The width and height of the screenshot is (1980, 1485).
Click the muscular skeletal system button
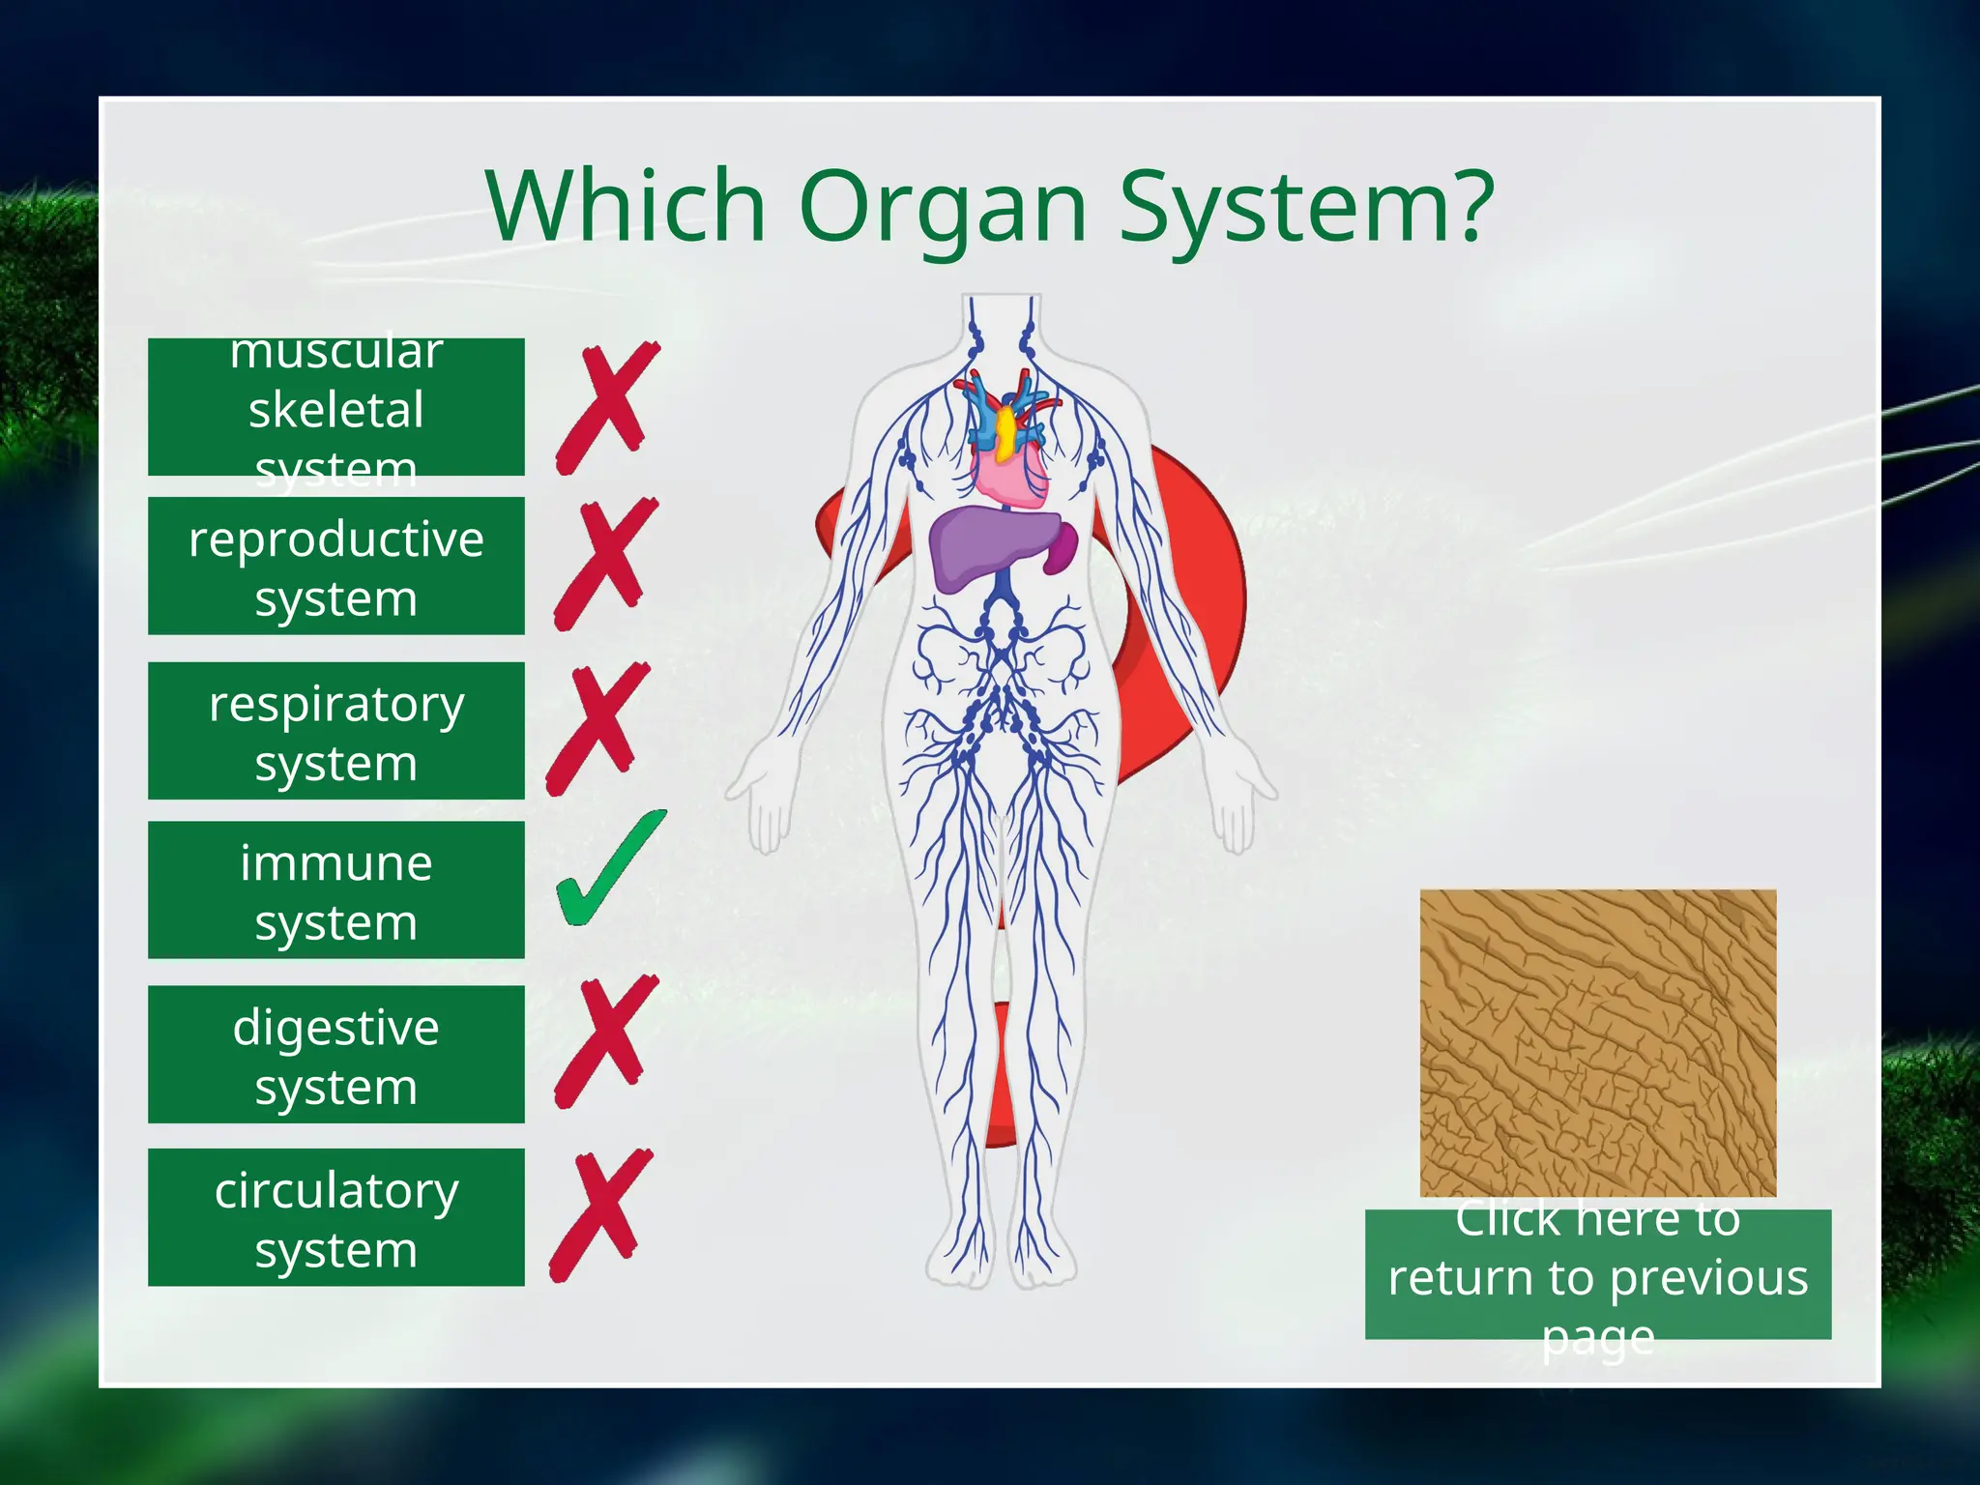pyautogui.click(x=335, y=407)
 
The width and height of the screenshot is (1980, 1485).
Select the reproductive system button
pyautogui.click(x=335, y=567)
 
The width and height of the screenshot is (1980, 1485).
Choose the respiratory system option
pyautogui.click(x=335, y=731)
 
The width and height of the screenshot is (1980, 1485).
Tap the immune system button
pyautogui.click(x=335, y=890)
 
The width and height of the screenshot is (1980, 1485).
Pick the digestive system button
pyautogui.click(x=335, y=1055)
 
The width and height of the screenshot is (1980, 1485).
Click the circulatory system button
pyautogui.click(x=335, y=1217)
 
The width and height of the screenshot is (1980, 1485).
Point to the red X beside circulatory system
pyautogui.click(x=601, y=1216)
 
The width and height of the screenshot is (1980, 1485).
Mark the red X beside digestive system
pyautogui.click(x=606, y=1041)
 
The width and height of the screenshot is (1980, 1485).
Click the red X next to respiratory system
pyautogui.click(x=597, y=728)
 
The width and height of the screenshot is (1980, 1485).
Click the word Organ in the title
pyautogui.click(x=943, y=208)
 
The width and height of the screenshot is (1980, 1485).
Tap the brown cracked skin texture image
pyautogui.click(x=1597, y=1042)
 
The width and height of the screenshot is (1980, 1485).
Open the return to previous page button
pyautogui.click(x=1597, y=1274)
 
